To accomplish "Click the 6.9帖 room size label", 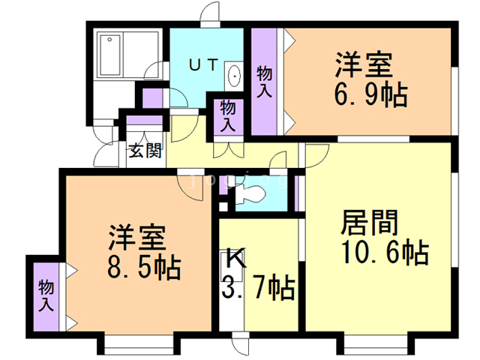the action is point(370,94).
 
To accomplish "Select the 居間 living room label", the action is point(370,223).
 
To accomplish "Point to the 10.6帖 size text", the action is point(385,252).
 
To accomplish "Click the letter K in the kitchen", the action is point(236,259).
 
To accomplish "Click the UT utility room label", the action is point(203,64).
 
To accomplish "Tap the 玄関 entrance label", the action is point(145,150).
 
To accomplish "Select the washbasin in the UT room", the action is point(234,76).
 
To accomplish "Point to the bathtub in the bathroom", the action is point(110,55).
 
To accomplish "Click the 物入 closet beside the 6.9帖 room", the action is point(265,82).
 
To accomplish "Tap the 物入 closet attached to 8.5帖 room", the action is point(46,296).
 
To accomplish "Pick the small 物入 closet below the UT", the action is point(228,116).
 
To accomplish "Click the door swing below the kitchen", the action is point(241,344).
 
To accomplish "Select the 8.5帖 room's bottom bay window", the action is point(139,345).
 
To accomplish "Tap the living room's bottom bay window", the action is point(375,345).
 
